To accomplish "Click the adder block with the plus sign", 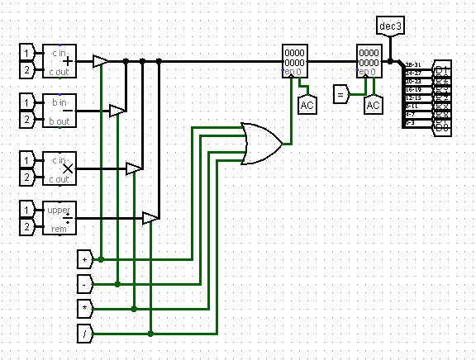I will pyautogui.click(x=59, y=60).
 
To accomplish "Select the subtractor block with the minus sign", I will pyautogui.click(x=59, y=110).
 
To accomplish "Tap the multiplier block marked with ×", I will pyautogui.click(x=59, y=168).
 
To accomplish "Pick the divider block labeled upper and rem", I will pyautogui.click(x=59, y=217).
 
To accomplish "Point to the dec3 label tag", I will pyautogui.click(x=389, y=26).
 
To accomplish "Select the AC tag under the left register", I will pyautogui.click(x=307, y=105).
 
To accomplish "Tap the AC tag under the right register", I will pyautogui.click(x=373, y=105).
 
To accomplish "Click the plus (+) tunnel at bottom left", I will pyautogui.click(x=86, y=258).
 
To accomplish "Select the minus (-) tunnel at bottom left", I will pyautogui.click(x=86, y=283).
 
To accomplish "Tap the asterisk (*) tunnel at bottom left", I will pyautogui.click(x=86, y=308).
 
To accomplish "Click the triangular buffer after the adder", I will pyautogui.click(x=100, y=61).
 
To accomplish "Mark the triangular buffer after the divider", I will pyautogui.click(x=150, y=218).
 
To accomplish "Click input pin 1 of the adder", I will pyautogui.click(x=28, y=52).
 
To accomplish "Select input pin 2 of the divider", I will pyautogui.click(x=28, y=226).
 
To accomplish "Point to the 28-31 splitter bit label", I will pyautogui.click(x=414, y=64).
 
